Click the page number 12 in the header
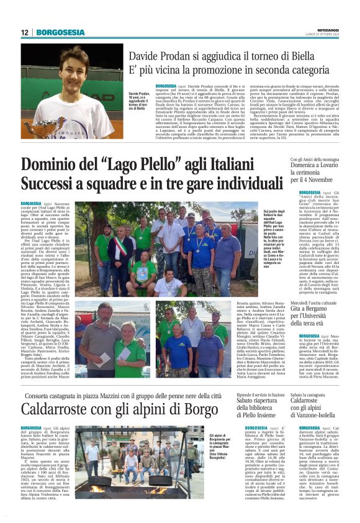pyautogui.click(x=25, y=32)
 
